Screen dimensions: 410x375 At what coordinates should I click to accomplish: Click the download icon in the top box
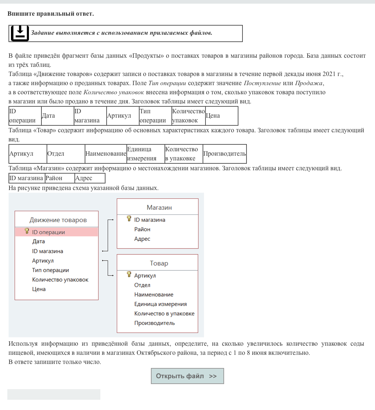point(20,33)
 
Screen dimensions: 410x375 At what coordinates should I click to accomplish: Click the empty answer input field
point(54,394)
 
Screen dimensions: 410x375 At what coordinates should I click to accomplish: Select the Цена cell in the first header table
point(222,116)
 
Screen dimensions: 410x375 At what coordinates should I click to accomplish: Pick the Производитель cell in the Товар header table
point(224,154)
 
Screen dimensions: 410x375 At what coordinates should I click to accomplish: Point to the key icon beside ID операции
point(27,231)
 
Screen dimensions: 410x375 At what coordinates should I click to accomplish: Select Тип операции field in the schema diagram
point(51,270)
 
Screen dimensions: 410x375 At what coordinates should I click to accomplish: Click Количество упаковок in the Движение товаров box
point(60,280)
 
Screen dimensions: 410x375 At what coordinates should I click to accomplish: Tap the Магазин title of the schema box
point(159,208)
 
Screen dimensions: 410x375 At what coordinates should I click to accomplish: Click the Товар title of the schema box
point(159,263)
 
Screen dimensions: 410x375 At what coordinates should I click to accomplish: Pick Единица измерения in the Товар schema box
point(160,304)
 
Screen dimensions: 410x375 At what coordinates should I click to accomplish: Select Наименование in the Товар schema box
point(154,295)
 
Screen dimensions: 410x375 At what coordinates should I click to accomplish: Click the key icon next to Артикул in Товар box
point(129,275)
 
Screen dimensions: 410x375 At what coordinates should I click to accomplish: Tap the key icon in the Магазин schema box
point(129,219)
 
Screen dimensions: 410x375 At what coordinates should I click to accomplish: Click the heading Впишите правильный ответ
point(51,14)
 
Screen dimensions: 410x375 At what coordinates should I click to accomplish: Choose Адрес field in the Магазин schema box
point(142,239)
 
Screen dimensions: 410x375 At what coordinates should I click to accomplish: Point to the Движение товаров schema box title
point(58,220)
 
